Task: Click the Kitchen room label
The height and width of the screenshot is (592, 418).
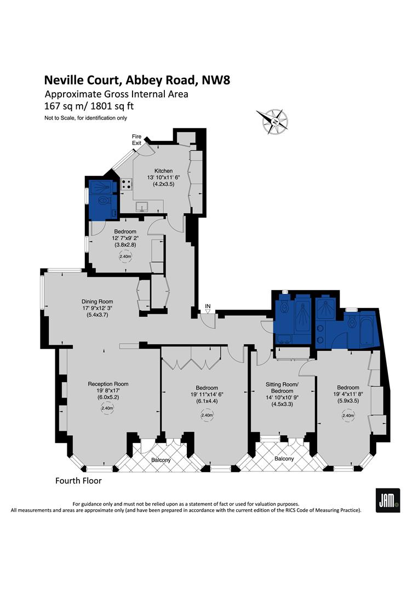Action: pyautogui.click(x=148, y=170)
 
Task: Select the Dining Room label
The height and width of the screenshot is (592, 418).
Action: pyautogui.click(x=97, y=301)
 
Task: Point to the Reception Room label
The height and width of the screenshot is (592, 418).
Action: pyautogui.click(x=108, y=384)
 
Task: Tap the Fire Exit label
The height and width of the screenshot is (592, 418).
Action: pyautogui.click(x=136, y=140)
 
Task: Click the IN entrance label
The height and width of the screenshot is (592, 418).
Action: pyautogui.click(x=208, y=305)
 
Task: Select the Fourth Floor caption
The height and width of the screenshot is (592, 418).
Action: pyautogui.click(x=78, y=481)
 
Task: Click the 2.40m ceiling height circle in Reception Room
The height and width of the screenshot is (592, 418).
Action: pyautogui.click(x=107, y=408)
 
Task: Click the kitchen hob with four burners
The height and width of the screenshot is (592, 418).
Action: pyautogui.click(x=127, y=185)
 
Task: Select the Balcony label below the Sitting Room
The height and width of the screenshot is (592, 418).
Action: pyautogui.click(x=284, y=458)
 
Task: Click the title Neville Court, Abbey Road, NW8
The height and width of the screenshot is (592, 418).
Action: pyautogui.click(x=137, y=80)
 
